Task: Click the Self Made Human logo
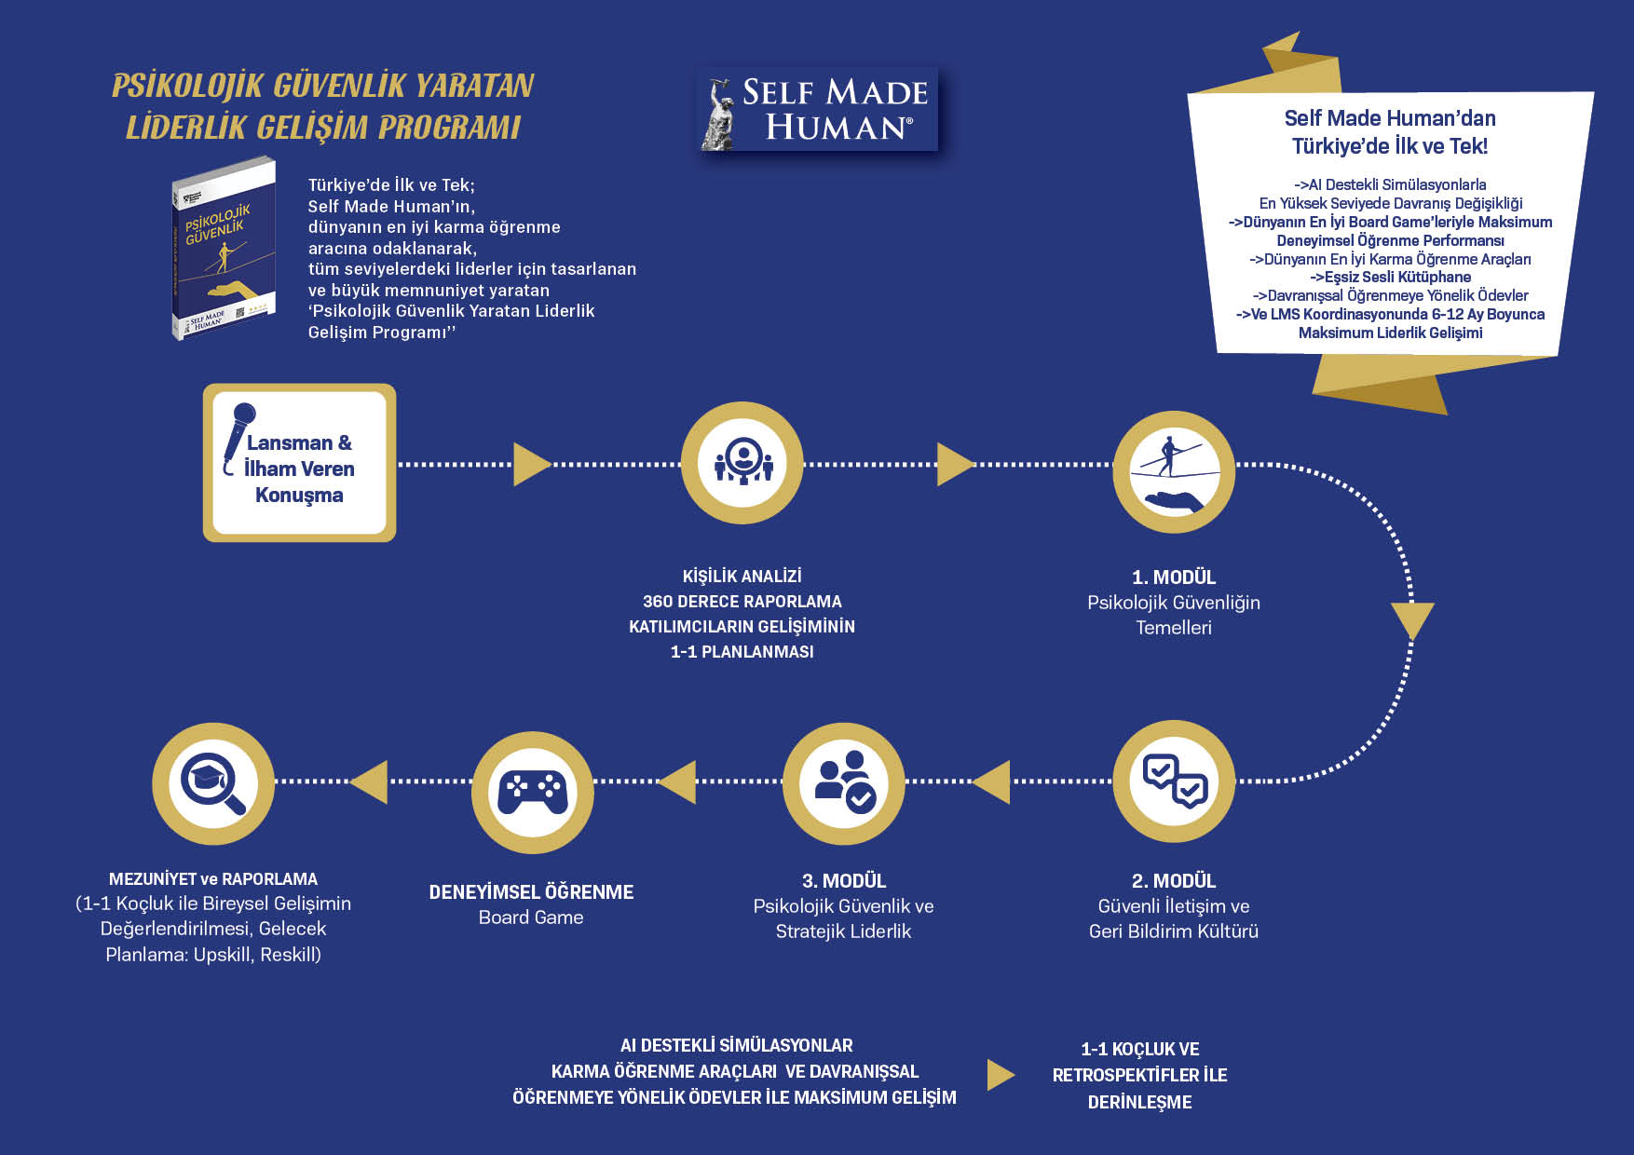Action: coord(817,110)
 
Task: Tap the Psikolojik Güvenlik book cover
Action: coord(224,248)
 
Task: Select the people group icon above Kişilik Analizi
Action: coord(742,462)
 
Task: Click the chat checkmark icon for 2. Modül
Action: coord(1174,781)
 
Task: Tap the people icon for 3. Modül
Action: coord(843,782)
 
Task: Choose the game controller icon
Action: coord(532,791)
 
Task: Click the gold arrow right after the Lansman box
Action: coord(531,464)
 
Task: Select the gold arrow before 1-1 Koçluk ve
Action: coord(1000,1074)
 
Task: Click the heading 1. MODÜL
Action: coord(1173,577)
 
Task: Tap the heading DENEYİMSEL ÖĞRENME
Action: coord(531,892)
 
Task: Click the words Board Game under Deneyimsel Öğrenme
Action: coord(531,917)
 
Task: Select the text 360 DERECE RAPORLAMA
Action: coord(742,602)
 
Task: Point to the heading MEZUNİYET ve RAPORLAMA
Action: coord(213,879)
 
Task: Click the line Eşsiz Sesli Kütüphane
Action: coord(1390,277)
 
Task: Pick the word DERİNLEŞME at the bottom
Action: coord(1139,1102)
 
